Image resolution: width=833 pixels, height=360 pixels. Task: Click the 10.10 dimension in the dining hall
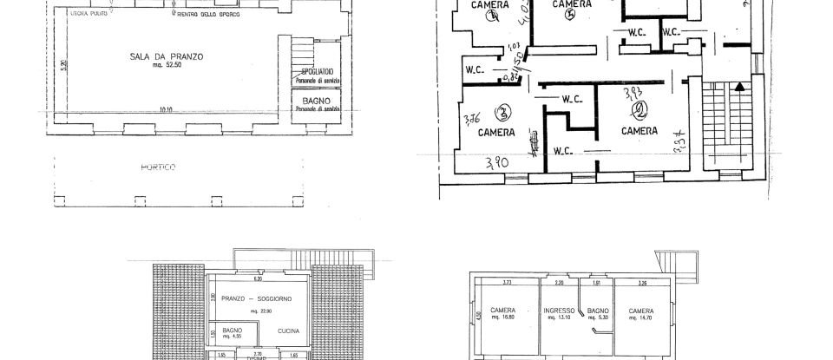166,110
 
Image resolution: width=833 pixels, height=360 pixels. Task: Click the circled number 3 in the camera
502,112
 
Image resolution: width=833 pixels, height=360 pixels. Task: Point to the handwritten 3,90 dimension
497,161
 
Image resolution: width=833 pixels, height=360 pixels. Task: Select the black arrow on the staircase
738,86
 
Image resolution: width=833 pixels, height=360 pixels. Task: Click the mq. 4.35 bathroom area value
232,337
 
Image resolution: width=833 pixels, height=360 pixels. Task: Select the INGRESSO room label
560,311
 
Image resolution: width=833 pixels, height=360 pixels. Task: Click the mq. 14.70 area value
643,318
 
